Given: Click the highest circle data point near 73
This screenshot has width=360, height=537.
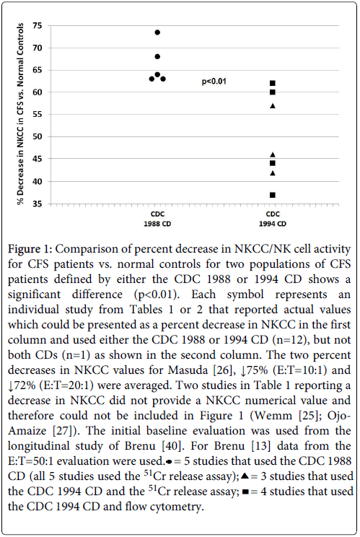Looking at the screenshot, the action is [157, 32].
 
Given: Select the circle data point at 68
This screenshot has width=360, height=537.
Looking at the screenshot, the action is [157, 56].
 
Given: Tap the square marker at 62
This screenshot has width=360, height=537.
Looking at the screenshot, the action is [273, 83].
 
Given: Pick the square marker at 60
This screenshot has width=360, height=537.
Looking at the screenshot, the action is [273, 92].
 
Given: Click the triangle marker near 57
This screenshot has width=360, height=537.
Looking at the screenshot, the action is [273, 106].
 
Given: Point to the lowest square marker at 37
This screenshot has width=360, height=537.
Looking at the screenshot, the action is [273, 195].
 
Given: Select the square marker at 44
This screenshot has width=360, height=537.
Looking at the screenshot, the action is [273, 163].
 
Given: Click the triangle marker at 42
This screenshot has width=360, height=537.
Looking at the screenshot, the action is [273, 173].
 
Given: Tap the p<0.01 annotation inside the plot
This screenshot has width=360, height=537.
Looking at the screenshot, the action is [214, 82].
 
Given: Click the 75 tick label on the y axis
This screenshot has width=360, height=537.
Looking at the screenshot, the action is [38, 26].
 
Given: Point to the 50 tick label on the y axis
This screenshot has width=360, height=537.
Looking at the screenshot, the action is [38, 136].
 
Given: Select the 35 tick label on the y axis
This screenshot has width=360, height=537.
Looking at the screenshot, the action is [38, 204].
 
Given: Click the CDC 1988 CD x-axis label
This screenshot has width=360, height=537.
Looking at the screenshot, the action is [157, 219].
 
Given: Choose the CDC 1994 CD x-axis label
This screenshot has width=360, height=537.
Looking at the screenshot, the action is [273, 219].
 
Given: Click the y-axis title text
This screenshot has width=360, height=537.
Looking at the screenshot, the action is [21, 114].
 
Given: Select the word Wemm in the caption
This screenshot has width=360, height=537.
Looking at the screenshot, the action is [273, 416].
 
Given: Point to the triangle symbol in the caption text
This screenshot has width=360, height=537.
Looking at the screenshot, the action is [245, 476].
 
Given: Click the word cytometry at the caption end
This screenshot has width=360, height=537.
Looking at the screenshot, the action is [177, 507].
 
